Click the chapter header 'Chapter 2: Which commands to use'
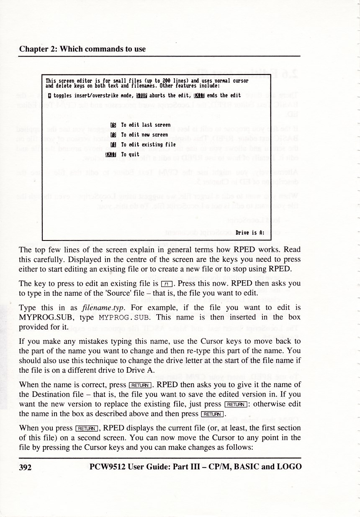coord(82,49)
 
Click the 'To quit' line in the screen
coord(130,154)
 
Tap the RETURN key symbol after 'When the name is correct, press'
coord(140,385)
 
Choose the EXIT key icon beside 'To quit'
coord(111,154)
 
